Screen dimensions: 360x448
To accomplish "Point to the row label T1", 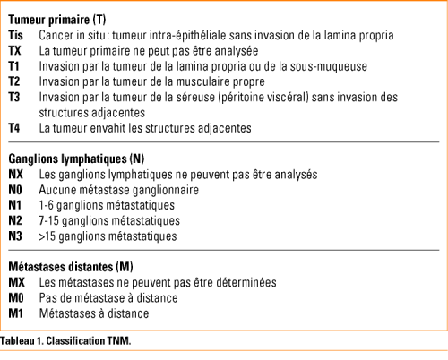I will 14,66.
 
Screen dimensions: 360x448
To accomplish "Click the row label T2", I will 14,81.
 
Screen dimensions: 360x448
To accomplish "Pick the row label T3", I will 14,97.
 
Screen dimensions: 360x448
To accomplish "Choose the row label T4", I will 14,128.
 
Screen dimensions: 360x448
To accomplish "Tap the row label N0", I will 16,190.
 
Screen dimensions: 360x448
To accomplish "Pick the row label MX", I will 16,282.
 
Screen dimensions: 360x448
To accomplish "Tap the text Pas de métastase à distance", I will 108,297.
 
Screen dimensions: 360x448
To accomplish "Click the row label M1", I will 16,313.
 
